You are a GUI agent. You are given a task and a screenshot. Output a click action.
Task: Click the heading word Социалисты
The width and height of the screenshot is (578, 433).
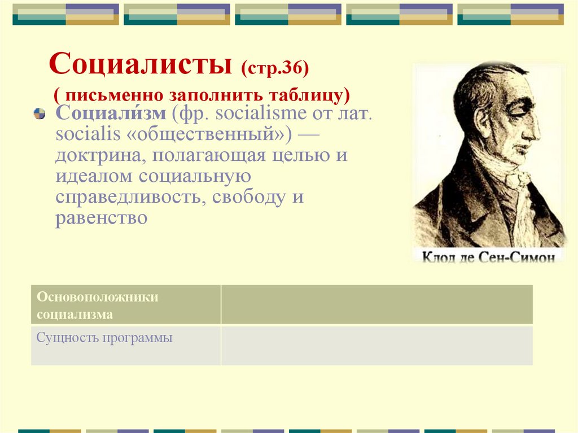point(141,65)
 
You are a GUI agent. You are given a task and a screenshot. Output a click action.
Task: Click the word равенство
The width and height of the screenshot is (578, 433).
point(101,218)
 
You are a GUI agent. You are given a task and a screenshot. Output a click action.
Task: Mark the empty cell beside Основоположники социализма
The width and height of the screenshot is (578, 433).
point(376,305)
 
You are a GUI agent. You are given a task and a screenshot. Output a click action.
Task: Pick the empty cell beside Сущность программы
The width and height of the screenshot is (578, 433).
point(376,345)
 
